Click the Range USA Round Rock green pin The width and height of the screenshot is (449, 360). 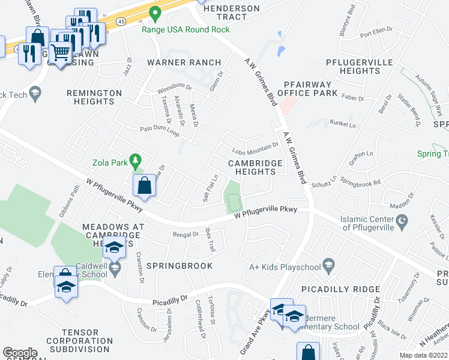point(155,13)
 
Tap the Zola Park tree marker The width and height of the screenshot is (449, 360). point(137,160)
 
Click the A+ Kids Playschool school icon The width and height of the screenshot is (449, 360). point(328,264)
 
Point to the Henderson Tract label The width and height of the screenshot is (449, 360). point(232,13)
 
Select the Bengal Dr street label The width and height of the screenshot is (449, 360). point(185,234)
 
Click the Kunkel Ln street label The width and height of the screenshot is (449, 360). point(343,124)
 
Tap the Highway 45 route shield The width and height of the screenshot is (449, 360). point(121,21)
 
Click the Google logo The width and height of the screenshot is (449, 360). point(20,353)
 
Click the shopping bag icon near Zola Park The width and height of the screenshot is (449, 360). point(145,186)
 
